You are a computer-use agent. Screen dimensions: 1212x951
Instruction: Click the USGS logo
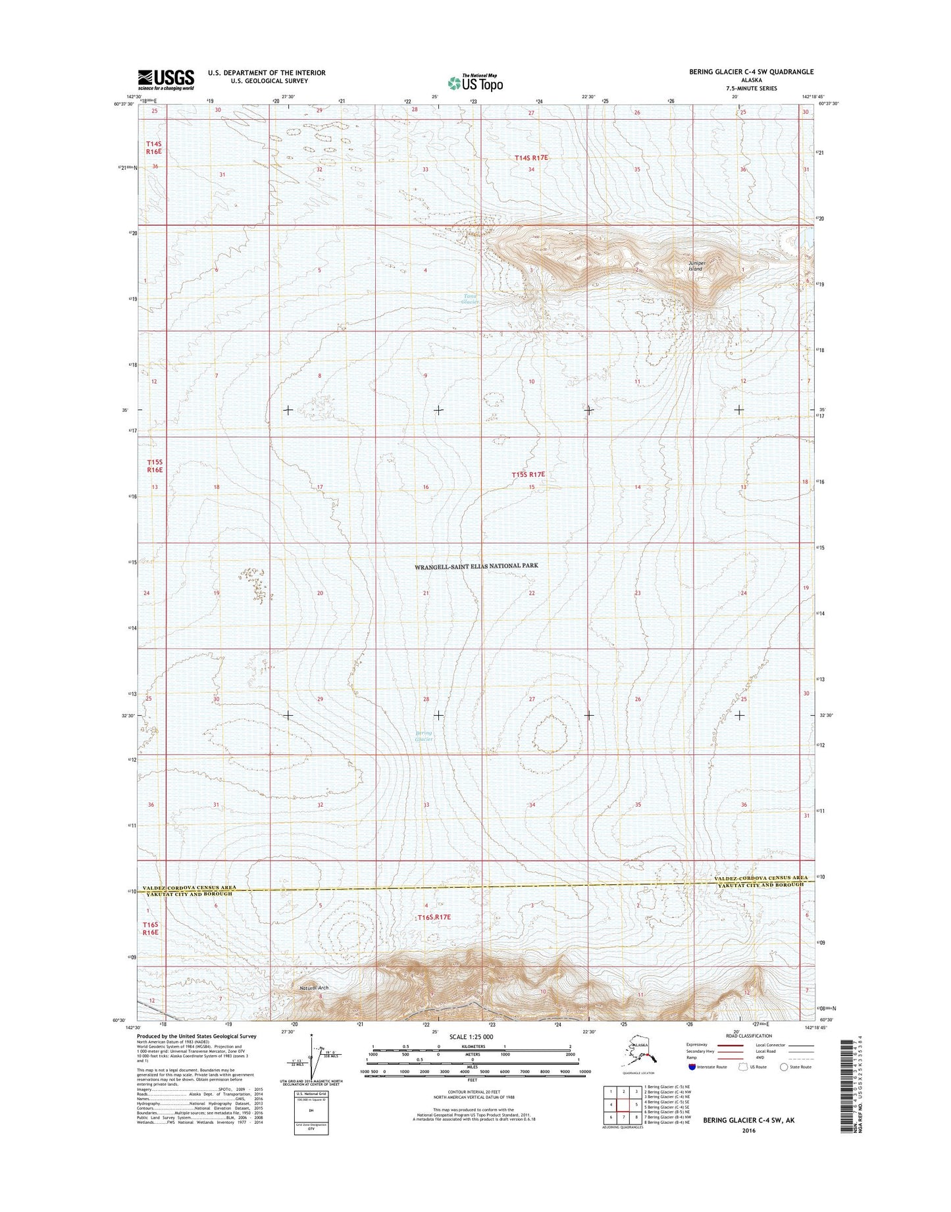166,79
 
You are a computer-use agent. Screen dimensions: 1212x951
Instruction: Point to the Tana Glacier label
470,298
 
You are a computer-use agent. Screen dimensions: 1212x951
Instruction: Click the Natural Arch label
313,988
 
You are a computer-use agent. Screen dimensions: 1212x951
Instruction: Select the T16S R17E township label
434,917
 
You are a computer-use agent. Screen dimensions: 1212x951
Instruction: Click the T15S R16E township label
154,466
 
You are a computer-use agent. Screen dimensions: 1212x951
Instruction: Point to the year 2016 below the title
749,1130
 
